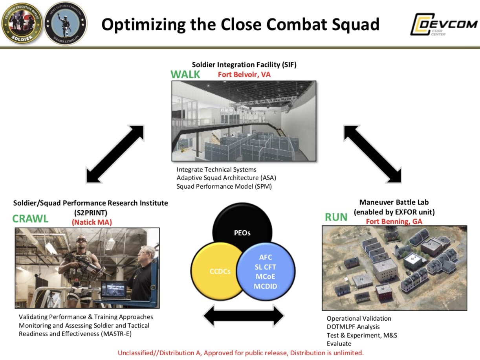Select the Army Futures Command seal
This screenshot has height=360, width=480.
(65, 24)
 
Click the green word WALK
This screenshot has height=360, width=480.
(185, 74)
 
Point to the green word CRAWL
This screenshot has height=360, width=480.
(30, 219)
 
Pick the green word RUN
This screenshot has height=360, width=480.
(336, 217)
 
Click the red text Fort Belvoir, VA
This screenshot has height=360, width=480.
(244, 74)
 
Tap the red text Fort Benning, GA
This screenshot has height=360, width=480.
(394, 221)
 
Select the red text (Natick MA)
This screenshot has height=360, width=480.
(92, 222)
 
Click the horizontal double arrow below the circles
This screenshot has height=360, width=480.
(244, 315)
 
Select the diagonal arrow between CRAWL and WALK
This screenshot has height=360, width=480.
(115, 154)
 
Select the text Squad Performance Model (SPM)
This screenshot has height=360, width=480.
(224, 186)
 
